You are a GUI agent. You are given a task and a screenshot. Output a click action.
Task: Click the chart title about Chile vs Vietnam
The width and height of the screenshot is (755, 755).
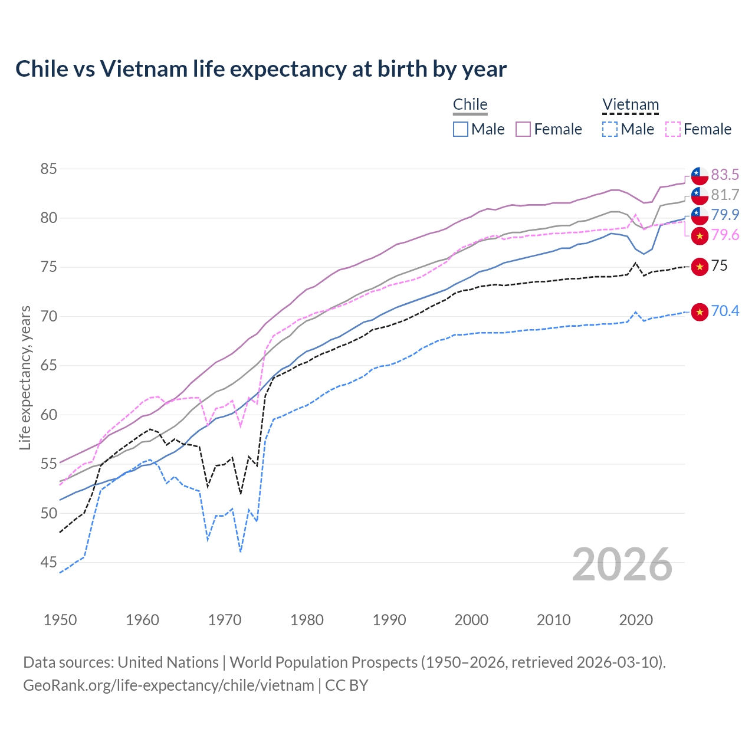click(261, 69)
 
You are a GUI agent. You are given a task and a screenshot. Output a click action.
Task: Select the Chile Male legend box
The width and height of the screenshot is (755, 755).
click(461, 129)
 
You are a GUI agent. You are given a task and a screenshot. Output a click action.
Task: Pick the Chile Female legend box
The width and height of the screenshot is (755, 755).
click(523, 129)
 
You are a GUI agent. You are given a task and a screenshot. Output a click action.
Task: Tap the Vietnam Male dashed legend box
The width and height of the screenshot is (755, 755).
click(610, 129)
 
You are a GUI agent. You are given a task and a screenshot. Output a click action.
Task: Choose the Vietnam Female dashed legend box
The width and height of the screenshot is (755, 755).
click(673, 129)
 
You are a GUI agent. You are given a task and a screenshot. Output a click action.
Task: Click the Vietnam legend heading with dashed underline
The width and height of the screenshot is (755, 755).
click(630, 105)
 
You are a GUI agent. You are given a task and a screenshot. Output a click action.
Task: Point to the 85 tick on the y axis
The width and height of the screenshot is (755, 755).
click(48, 169)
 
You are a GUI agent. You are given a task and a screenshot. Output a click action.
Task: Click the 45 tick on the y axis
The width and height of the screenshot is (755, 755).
click(48, 563)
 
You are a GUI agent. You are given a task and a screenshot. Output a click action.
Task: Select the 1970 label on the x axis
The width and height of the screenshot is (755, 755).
click(225, 620)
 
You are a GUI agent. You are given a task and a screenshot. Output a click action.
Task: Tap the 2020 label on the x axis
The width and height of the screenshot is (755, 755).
click(636, 620)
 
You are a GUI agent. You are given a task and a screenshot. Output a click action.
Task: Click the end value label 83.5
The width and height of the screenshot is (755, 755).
click(725, 175)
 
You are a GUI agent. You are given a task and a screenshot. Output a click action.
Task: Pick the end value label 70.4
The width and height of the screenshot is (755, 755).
click(725, 311)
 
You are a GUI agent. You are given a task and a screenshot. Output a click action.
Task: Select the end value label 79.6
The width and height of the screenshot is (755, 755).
click(725, 235)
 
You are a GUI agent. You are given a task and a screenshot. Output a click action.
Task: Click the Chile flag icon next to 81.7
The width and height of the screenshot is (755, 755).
click(700, 195)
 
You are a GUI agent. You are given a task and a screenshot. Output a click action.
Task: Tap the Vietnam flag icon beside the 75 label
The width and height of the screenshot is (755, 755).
click(700, 267)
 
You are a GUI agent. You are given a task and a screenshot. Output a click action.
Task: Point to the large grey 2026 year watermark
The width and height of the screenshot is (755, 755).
click(622, 564)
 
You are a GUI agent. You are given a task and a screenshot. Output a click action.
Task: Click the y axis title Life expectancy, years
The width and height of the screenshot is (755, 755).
click(25, 377)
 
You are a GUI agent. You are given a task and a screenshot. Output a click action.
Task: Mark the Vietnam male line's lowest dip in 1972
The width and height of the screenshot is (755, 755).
click(241, 552)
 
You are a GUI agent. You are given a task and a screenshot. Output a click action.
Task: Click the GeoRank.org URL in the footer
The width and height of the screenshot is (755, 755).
click(169, 685)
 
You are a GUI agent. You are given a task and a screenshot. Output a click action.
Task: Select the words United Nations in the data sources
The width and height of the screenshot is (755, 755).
click(168, 662)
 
